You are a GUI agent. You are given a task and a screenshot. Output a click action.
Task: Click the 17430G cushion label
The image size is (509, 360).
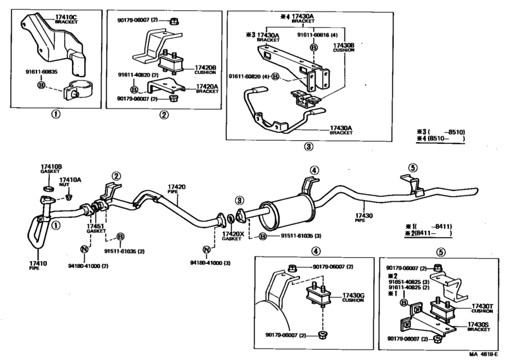pyautogui.click(x=353, y=294)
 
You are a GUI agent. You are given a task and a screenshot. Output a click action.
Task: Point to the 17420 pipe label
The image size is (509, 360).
pyautogui.click(x=177, y=187)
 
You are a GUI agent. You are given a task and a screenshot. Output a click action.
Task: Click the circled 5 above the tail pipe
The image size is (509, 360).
pyautogui.click(x=413, y=168)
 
